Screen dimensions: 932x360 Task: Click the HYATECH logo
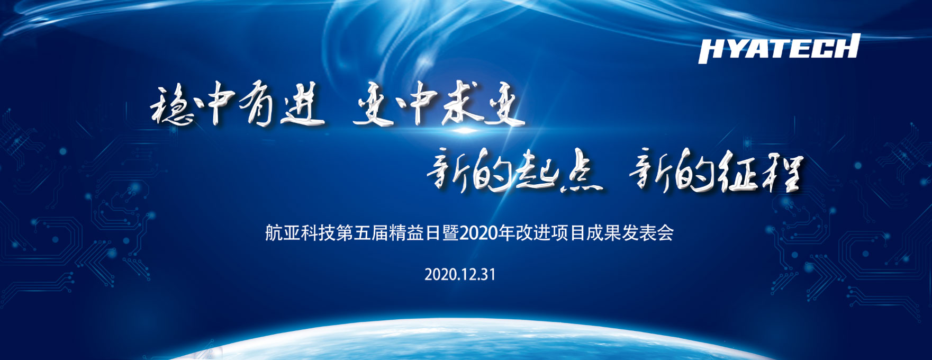pyautogui.click(x=779, y=48)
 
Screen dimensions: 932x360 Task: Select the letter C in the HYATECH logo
pyautogui.click(x=824, y=48)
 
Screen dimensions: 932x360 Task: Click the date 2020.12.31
pyautogui.click(x=460, y=274)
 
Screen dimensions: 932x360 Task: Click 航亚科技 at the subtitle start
pyautogui.click(x=301, y=233)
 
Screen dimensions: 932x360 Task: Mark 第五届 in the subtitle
pyautogui.click(x=363, y=233)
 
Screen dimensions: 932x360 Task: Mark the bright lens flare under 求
pyautogui.click(x=465, y=130)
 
